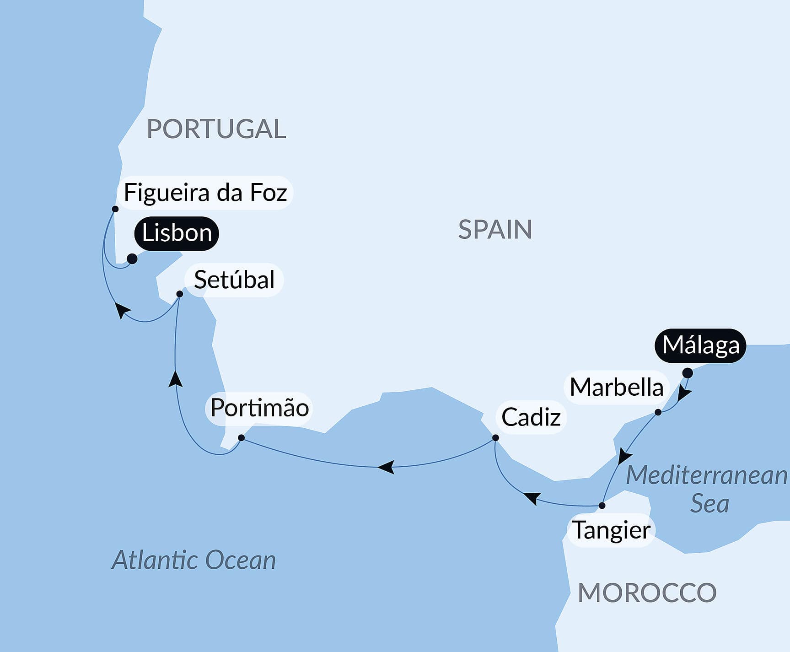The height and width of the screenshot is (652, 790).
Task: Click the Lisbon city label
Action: tap(177, 233)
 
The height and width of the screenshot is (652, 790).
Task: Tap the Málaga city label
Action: tap(700, 345)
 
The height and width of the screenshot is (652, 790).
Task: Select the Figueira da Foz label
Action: tap(205, 193)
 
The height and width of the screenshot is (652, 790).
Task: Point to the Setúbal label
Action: tap(234, 280)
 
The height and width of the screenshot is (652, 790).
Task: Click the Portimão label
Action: tap(259, 408)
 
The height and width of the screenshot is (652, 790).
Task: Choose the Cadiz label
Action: tap(531, 417)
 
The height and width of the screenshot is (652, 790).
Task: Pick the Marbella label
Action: tap(616, 388)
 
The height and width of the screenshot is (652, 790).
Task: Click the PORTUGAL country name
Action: tap(216, 129)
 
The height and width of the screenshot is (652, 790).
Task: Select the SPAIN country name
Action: tap(495, 230)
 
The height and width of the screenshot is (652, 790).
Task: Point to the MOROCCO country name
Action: tap(647, 593)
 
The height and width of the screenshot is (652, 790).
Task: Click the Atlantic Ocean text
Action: tap(194, 560)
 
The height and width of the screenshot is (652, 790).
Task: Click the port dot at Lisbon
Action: tap(132, 259)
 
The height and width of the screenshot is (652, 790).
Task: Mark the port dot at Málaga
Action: tap(687, 373)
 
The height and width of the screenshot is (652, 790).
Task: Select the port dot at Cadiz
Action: tap(495, 438)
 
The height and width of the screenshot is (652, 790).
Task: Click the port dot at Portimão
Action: tap(242, 438)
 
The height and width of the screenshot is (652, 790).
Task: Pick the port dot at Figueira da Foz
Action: tap(115, 209)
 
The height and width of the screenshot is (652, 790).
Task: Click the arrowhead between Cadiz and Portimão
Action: tap(387, 467)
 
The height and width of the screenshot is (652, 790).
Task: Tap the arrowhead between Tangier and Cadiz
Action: tap(532, 498)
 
